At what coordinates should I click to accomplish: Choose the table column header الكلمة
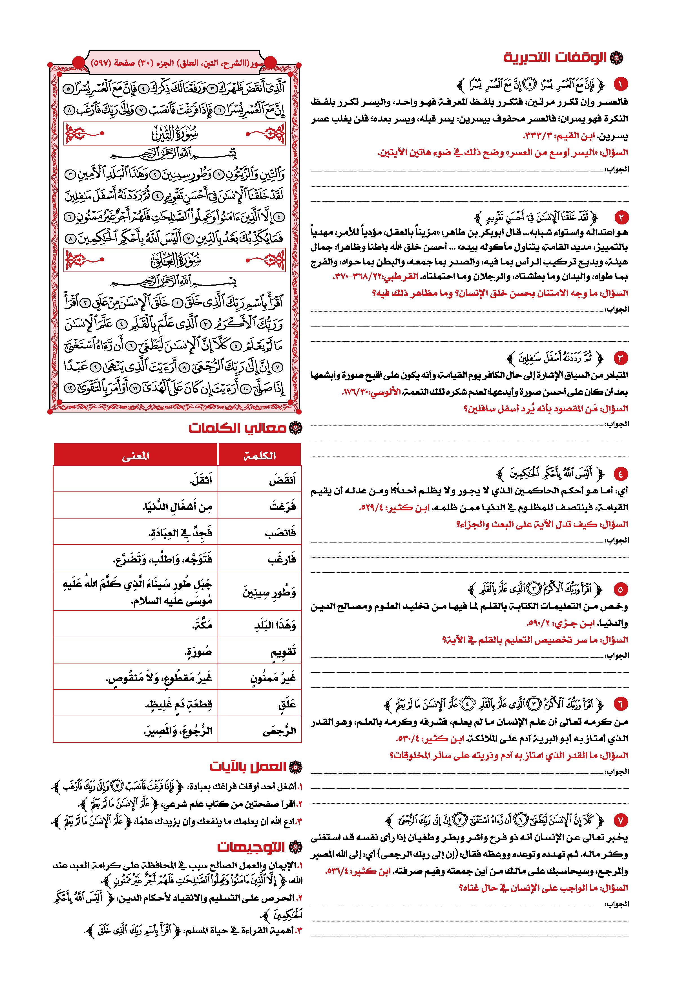[260, 456]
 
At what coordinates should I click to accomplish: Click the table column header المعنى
[135, 456]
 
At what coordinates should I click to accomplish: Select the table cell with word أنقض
[260, 480]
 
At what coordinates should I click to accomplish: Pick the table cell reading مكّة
[135, 625]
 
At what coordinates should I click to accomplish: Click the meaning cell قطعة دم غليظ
[135, 704]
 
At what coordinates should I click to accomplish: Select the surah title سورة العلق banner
[175, 260]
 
